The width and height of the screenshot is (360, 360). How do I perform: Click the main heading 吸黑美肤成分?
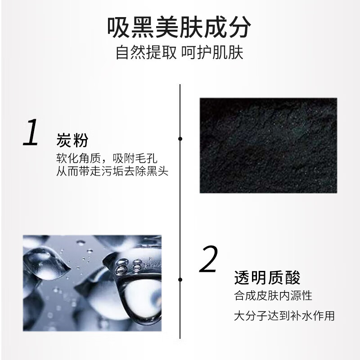point(180,28)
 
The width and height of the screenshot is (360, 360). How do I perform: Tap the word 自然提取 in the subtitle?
point(145,53)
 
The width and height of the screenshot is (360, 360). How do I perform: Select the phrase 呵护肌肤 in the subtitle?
point(212,53)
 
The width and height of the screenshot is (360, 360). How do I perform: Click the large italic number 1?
point(31,133)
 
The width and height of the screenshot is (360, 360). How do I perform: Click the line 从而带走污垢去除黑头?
point(112,171)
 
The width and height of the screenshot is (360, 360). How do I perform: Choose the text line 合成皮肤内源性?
point(273,297)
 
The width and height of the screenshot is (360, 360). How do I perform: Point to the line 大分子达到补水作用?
point(284,315)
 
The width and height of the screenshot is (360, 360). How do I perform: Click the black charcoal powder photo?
point(268,145)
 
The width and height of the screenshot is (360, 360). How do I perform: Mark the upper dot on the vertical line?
point(180,139)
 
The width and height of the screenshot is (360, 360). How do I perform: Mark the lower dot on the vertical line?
point(180,279)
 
